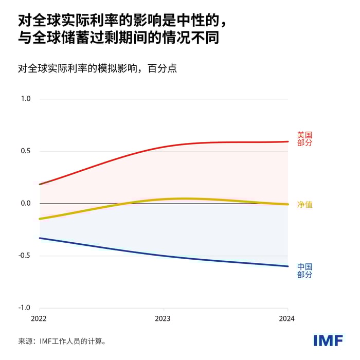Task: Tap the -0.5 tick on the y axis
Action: tap(24, 256)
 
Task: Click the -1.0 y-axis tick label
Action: tap(24, 308)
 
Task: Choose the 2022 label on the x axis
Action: tap(39, 319)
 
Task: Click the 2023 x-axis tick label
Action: tap(163, 319)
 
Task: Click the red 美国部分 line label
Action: tap(304, 139)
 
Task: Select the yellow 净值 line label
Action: tap(304, 205)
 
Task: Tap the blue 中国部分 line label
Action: tap(304, 271)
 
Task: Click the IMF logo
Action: tap(328, 340)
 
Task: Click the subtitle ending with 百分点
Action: tap(97, 68)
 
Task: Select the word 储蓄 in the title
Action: tap(78, 39)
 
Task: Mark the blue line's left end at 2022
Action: tap(40, 238)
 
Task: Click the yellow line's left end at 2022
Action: tap(40, 219)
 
